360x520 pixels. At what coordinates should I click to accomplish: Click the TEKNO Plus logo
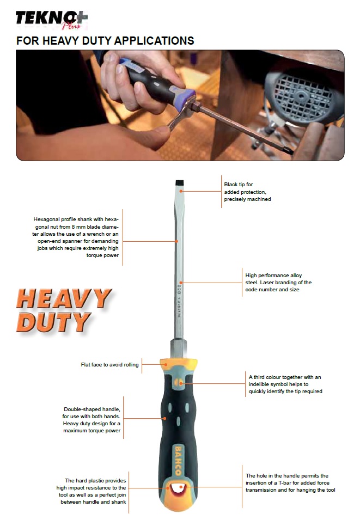(x=52, y=20)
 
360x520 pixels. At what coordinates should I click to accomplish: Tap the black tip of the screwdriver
(x=179, y=183)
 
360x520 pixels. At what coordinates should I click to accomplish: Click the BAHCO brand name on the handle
(x=178, y=461)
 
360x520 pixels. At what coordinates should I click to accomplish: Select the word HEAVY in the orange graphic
(x=64, y=298)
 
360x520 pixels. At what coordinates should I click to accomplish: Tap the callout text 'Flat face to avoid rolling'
(x=110, y=364)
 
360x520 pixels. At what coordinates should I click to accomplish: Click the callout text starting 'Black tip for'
(x=247, y=192)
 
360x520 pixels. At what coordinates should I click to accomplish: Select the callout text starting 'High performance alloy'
(x=278, y=282)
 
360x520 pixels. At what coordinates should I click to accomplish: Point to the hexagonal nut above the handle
(x=178, y=349)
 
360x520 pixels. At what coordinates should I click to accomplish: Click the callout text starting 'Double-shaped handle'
(x=91, y=420)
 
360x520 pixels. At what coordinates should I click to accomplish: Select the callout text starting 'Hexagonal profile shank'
(x=76, y=237)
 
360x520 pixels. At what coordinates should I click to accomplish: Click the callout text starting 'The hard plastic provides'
(x=91, y=491)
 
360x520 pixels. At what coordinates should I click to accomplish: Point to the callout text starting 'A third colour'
(x=285, y=384)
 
